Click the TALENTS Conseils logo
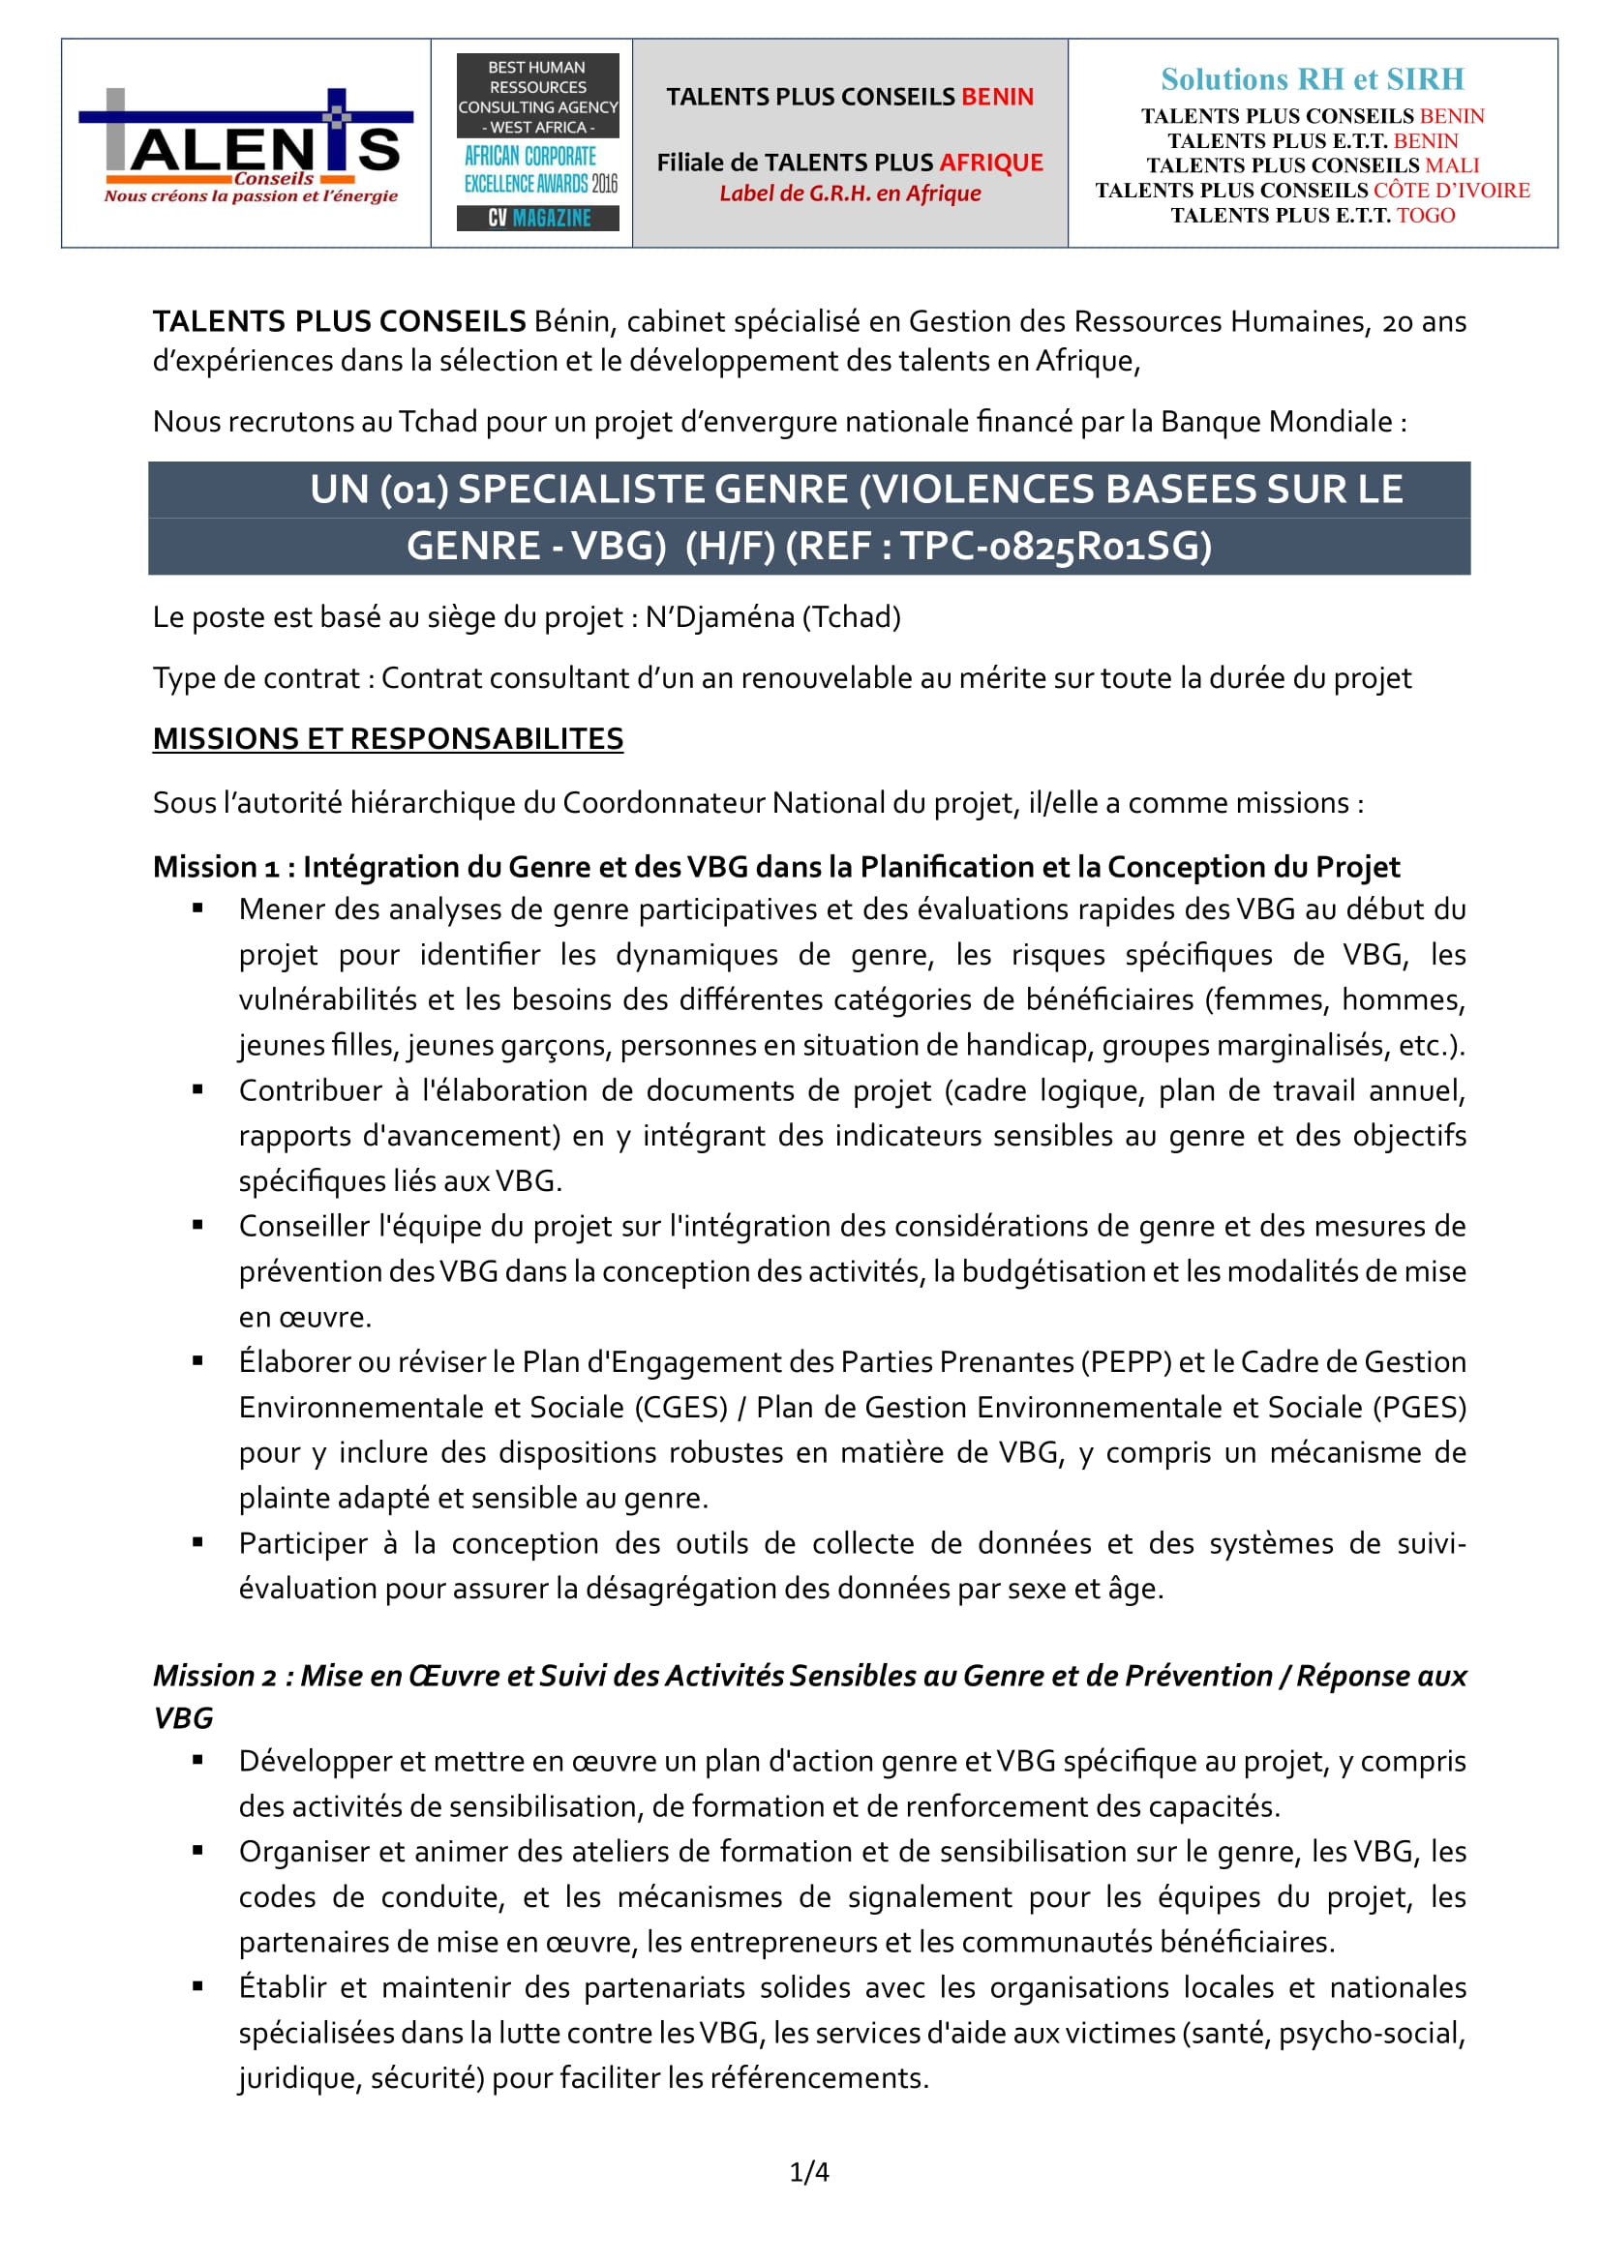point(247,145)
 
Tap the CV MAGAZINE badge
point(538,218)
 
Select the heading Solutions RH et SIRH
point(1313,78)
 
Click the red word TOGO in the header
point(1426,216)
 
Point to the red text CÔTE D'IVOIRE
point(1451,191)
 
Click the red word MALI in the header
point(1452,165)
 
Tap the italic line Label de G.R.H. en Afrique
point(850,194)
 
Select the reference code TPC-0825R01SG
point(1056,546)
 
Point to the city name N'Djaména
point(719,617)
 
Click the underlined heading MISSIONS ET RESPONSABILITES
point(387,738)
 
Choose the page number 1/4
point(809,2171)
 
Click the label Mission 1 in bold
point(217,866)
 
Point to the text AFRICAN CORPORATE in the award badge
point(530,157)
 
